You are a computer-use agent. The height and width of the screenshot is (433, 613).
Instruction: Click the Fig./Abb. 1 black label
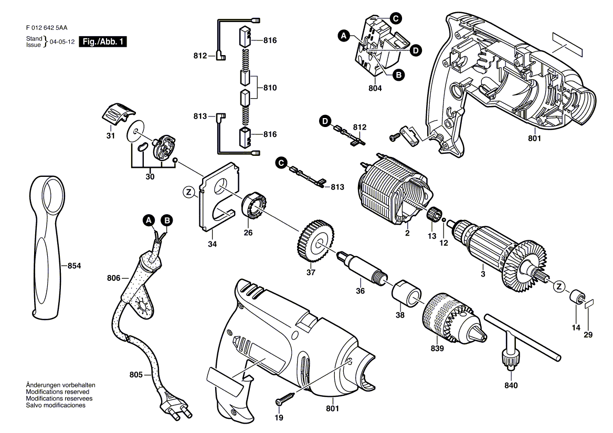(103, 41)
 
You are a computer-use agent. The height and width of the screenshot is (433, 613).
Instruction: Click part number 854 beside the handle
(75, 266)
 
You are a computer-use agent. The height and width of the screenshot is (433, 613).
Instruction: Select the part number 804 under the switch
(375, 88)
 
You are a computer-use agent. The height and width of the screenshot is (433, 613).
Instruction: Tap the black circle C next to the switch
(396, 18)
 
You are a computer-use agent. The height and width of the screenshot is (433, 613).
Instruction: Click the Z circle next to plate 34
(189, 192)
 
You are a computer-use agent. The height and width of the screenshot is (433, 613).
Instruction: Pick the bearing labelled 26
(255, 206)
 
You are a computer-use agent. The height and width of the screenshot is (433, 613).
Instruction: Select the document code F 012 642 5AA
(47, 28)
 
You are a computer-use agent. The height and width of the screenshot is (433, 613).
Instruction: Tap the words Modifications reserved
(58, 392)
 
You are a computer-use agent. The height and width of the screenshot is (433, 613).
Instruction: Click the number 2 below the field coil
(407, 234)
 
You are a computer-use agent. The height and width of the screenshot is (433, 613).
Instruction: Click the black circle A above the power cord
(148, 220)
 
